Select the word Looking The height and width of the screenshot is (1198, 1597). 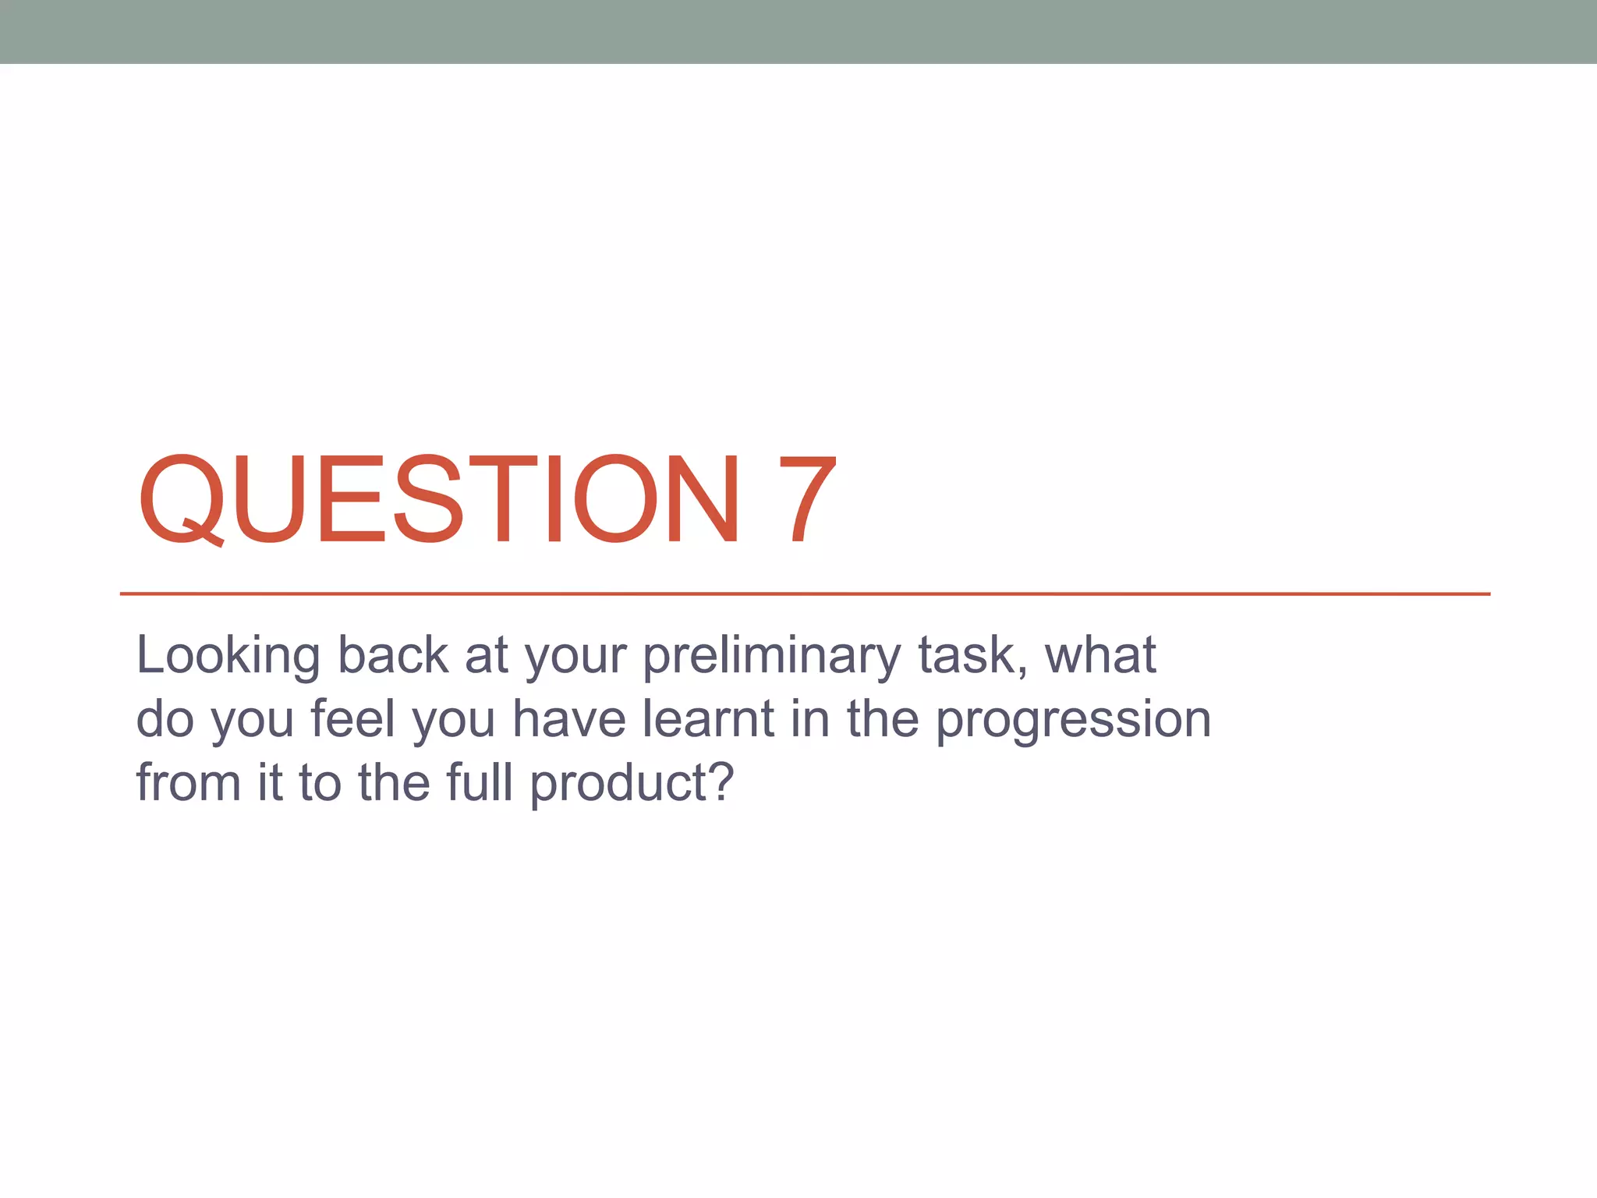tap(228, 657)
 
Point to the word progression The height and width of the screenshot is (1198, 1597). tap(1073, 721)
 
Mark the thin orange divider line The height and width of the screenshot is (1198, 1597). tap(805, 594)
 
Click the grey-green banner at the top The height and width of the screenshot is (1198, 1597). tap(798, 31)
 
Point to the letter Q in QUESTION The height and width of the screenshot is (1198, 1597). tap(181, 499)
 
